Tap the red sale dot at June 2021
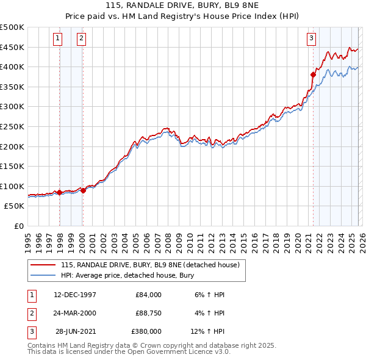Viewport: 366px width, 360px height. pos(313,74)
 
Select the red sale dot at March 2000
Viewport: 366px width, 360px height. pos(84,190)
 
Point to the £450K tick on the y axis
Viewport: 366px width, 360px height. pos(12,47)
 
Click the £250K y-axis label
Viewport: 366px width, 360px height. pos(12,127)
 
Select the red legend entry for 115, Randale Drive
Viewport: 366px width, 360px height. pos(152,265)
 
